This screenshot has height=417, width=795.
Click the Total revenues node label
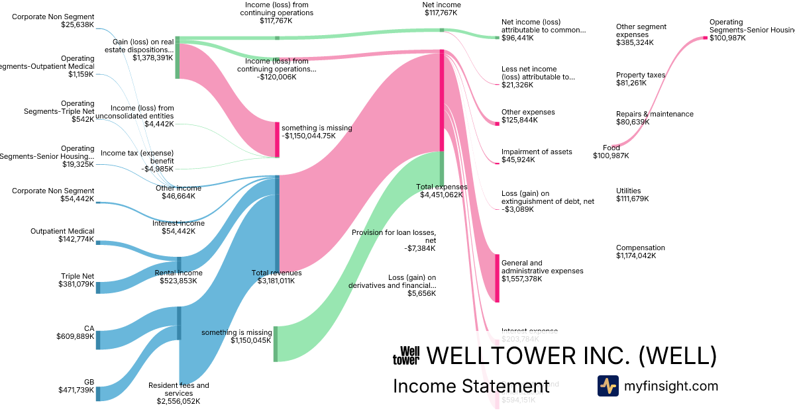click(x=276, y=277)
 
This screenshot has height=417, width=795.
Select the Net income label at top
click(x=442, y=9)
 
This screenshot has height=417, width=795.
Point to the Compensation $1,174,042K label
click(x=641, y=252)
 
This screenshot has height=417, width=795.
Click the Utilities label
click(x=633, y=195)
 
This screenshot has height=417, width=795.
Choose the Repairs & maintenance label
click(x=655, y=118)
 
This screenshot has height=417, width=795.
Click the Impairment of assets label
click(x=537, y=156)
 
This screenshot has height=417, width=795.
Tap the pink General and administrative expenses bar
click(x=497, y=278)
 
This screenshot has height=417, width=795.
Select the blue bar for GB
click(x=98, y=394)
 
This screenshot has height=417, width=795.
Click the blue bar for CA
click(x=98, y=340)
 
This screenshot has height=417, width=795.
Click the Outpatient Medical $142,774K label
click(x=62, y=235)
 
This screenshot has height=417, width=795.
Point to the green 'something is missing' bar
click(x=276, y=344)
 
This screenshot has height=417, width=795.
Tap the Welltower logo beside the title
click(x=406, y=356)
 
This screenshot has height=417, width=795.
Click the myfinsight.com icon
click(x=608, y=386)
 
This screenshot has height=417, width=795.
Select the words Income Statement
click(x=471, y=386)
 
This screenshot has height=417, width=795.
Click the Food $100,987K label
click(x=611, y=152)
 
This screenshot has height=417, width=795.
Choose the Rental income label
click(x=179, y=277)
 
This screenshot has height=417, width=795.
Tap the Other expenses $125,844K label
click(x=528, y=116)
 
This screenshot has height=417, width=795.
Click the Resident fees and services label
click(x=179, y=393)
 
